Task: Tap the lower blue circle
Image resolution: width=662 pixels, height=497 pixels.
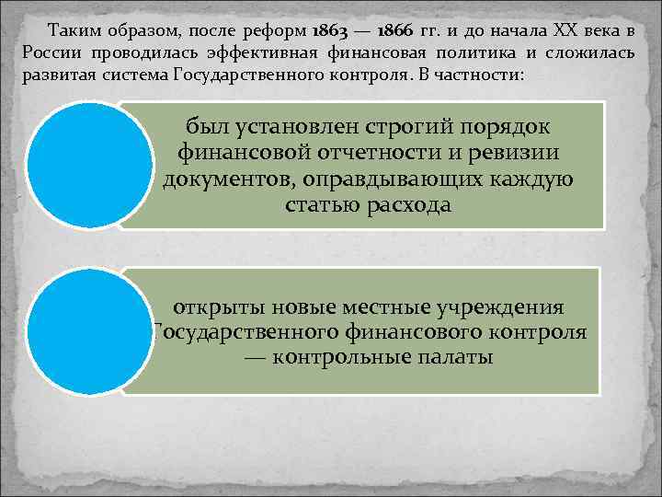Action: (88, 331)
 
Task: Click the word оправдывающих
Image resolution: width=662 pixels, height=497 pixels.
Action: (414, 179)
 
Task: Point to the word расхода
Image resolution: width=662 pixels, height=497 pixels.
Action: (405, 204)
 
